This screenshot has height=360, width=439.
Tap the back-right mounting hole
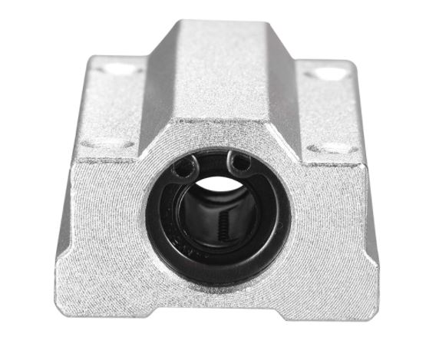(330, 74)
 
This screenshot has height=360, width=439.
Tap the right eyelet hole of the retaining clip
(241, 163)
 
